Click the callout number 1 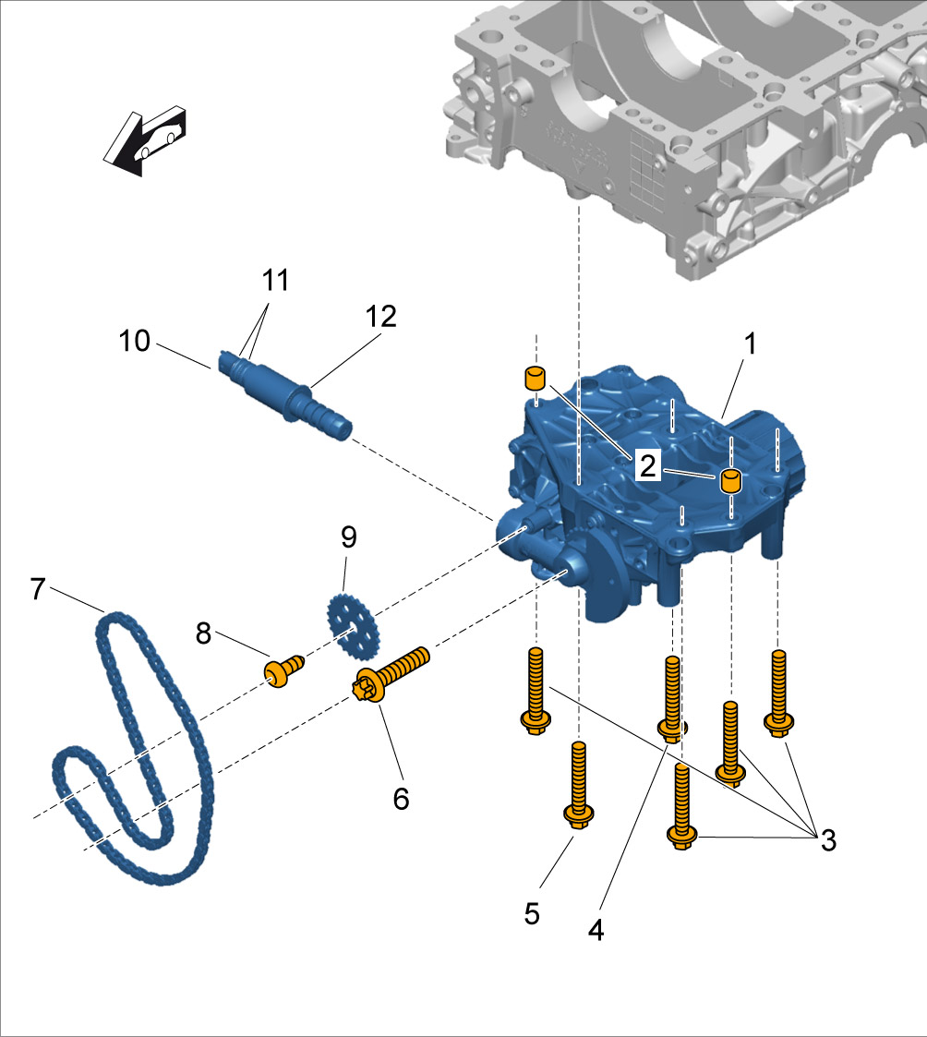click(751, 344)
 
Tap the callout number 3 click(827, 839)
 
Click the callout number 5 click(532, 913)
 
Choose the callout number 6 click(401, 798)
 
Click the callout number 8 click(203, 633)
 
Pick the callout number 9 click(347, 537)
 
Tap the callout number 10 click(134, 341)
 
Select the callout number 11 click(275, 278)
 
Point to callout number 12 click(380, 317)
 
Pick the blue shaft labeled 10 click(286, 392)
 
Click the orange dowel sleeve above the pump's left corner click(534, 378)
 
